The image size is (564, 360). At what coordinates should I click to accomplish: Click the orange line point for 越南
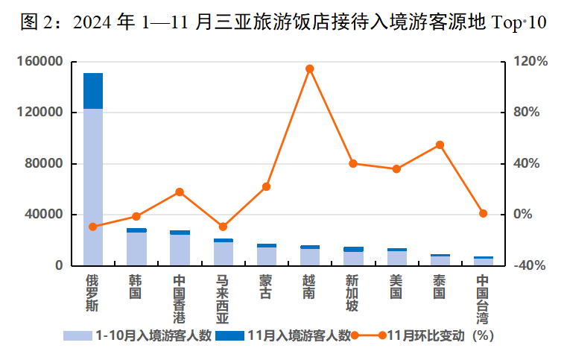[309, 69]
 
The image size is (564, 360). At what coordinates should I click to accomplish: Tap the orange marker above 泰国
[440, 145]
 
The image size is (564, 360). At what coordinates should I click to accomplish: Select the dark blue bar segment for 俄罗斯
[93, 91]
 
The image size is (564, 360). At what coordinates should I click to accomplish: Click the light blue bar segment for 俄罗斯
[93, 186]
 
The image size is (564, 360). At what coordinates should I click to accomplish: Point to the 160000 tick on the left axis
[41, 62]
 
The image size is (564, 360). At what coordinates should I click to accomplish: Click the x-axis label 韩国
[136, 287]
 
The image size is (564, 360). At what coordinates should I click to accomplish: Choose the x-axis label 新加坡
[352, 293]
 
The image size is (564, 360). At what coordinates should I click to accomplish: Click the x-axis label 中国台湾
[483, 298]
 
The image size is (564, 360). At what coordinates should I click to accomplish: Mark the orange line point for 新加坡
[353, 163]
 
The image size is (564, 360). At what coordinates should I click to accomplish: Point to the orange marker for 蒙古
[266, 186]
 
